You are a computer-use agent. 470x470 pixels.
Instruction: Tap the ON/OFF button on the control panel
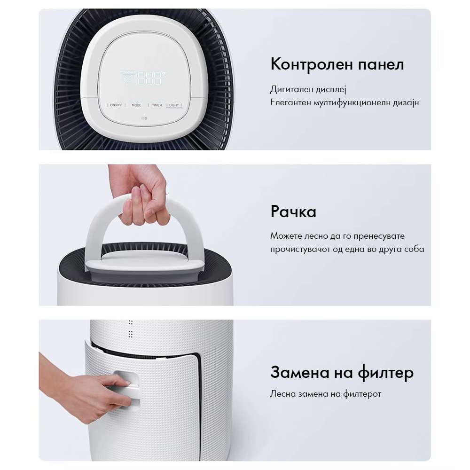[x=116, y=105]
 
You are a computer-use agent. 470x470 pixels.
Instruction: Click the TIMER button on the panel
[x=157, y=105]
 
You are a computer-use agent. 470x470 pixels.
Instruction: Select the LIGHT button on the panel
[x=174, y=105]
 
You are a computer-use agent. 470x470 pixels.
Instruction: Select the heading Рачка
[x=293, y=211]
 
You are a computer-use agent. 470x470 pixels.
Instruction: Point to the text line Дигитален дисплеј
[x=308, y=89]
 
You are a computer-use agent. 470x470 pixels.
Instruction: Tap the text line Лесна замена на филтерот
[x=326, y=394]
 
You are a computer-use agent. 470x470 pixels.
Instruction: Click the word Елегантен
[x=290, y=102]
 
